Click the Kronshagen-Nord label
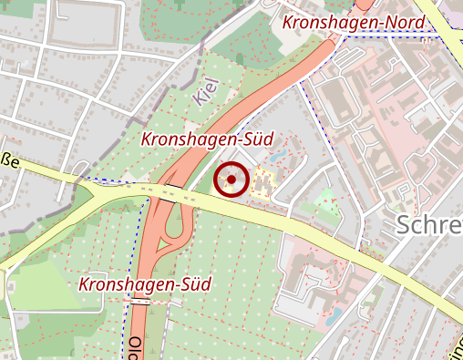(x=341, y=22)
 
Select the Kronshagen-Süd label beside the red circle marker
(x=207, y=139)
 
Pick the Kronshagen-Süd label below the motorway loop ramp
(x=145, y=284)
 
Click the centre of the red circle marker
(x=231, y=180)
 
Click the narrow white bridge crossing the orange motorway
(x=140, y=299)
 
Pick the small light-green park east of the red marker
(x=325, y=201)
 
